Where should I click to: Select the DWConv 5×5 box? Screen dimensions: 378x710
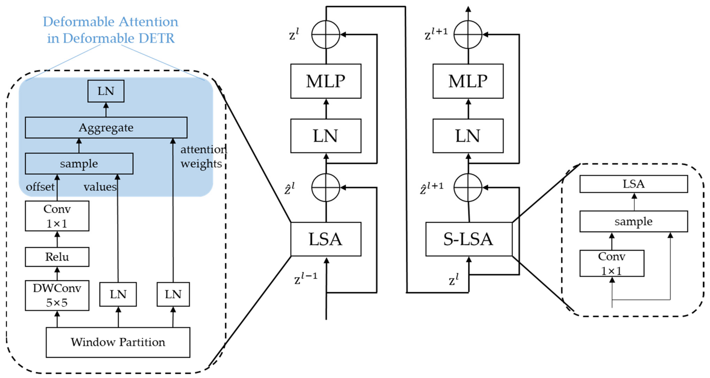[57, 295]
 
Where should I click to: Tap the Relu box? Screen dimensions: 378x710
[57, 257]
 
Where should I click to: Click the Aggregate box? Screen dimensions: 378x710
[106, 128]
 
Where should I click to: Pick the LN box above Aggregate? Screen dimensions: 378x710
[106, 91]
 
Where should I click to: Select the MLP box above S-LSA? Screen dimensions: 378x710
[468, 81]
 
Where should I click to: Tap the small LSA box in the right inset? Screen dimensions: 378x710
[633, 184]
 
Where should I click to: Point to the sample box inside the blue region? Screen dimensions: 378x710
[79, 164]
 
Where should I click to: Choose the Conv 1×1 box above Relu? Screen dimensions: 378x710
[57, 216]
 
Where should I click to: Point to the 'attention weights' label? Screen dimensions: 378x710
[203, 156]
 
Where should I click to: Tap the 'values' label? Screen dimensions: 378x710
[100, 187]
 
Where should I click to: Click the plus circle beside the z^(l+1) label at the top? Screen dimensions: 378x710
[468, 34]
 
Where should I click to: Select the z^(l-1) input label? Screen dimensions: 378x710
[305, 279]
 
